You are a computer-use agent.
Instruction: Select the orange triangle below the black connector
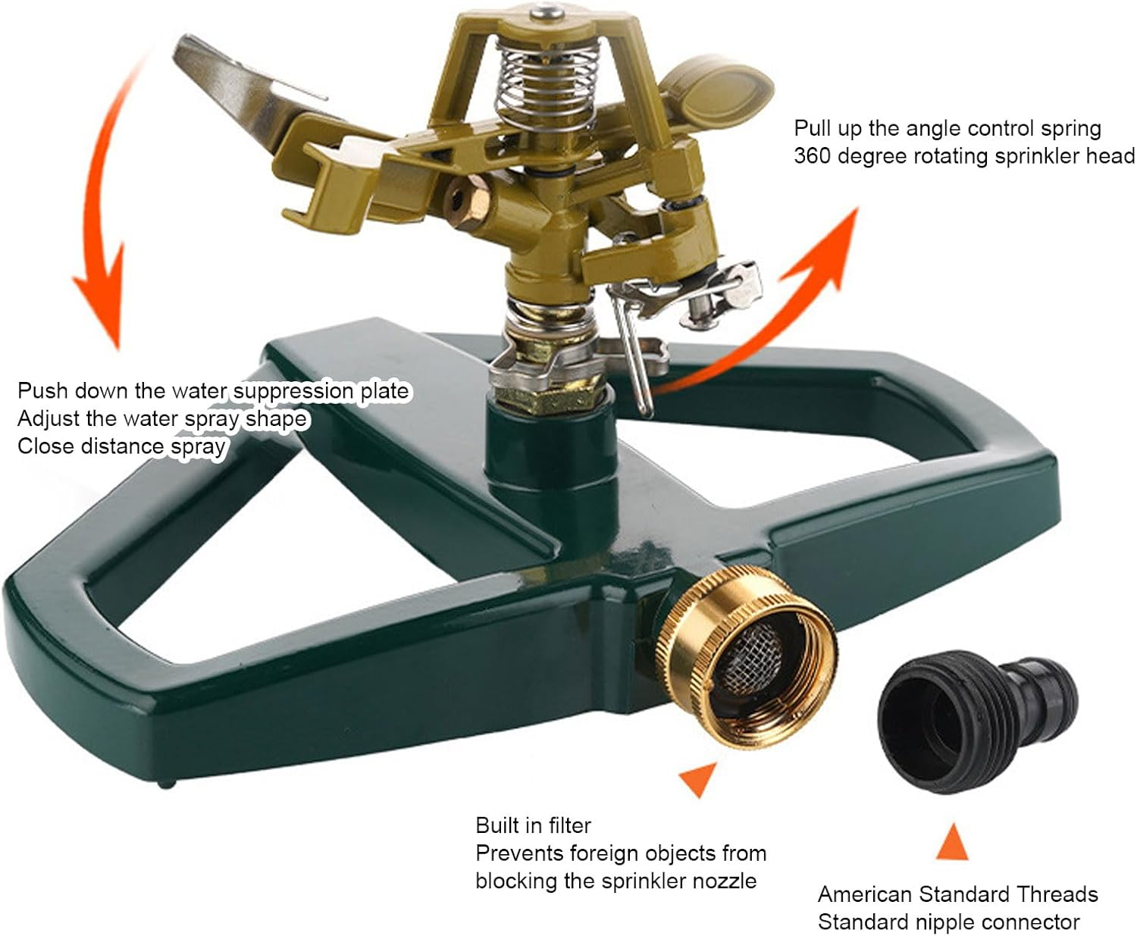952,843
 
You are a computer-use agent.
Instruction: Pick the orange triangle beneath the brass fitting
698,778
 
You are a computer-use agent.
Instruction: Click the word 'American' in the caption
865,894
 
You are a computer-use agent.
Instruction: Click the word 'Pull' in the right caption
812,128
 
